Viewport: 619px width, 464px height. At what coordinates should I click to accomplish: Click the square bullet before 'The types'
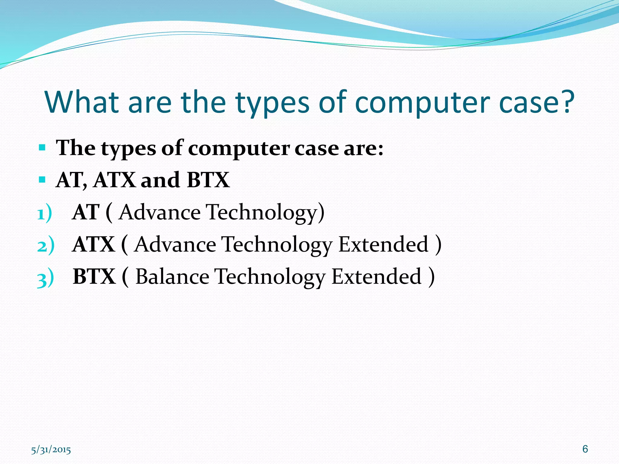tap(42, 148)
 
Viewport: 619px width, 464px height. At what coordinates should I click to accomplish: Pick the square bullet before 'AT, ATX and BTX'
tap(42, 180)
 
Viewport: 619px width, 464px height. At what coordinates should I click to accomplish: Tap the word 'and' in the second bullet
tap(160, 180)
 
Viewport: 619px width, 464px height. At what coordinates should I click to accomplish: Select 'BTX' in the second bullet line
tap(208, 180)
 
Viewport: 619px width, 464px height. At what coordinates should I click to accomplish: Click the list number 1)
tap(44, 213)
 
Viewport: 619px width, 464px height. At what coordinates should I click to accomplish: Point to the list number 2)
tap(45, 245)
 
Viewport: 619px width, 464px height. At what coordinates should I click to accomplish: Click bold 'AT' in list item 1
tap(86, 212)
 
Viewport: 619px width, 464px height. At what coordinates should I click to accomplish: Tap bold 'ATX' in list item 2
tap(94, 244)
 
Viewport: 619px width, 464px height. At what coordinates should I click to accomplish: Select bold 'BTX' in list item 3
tap(94, 276)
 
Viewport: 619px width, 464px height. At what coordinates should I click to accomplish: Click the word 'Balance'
tap(172, 276)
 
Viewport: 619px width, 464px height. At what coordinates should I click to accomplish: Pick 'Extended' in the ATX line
tap(383, 244)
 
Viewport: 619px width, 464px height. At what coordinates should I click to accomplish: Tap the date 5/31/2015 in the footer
tap(51, 450)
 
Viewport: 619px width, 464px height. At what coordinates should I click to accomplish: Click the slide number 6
tap(585, 449)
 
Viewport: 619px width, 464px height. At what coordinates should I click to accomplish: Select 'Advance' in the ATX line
tap(175, 244)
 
